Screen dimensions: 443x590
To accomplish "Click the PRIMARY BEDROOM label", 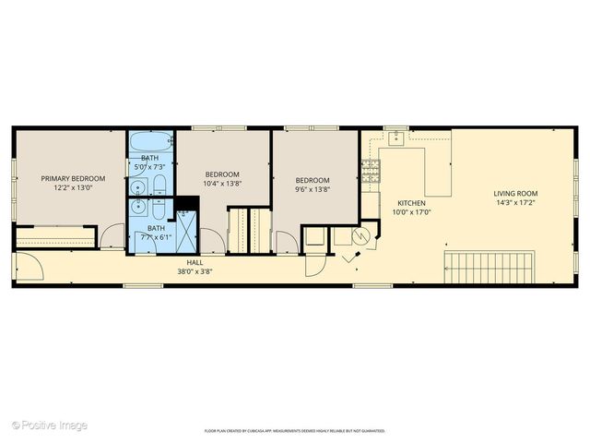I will (x=72, y=178).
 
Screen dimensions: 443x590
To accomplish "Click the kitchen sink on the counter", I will (x=396, y=139).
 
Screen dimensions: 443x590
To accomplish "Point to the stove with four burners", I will (x=371, y=168).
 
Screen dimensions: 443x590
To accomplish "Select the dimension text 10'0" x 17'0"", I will (x=411, y=211).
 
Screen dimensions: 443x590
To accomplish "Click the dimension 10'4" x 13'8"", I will (x=222, y=184).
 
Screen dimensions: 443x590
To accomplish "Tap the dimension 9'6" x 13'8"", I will (x=313, y=189).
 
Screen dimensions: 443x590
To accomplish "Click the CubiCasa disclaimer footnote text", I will (x=294, y=431).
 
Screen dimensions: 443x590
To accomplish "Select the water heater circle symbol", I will (x=364, y=237).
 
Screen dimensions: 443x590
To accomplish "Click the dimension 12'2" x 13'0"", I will (x=72, y=187).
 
